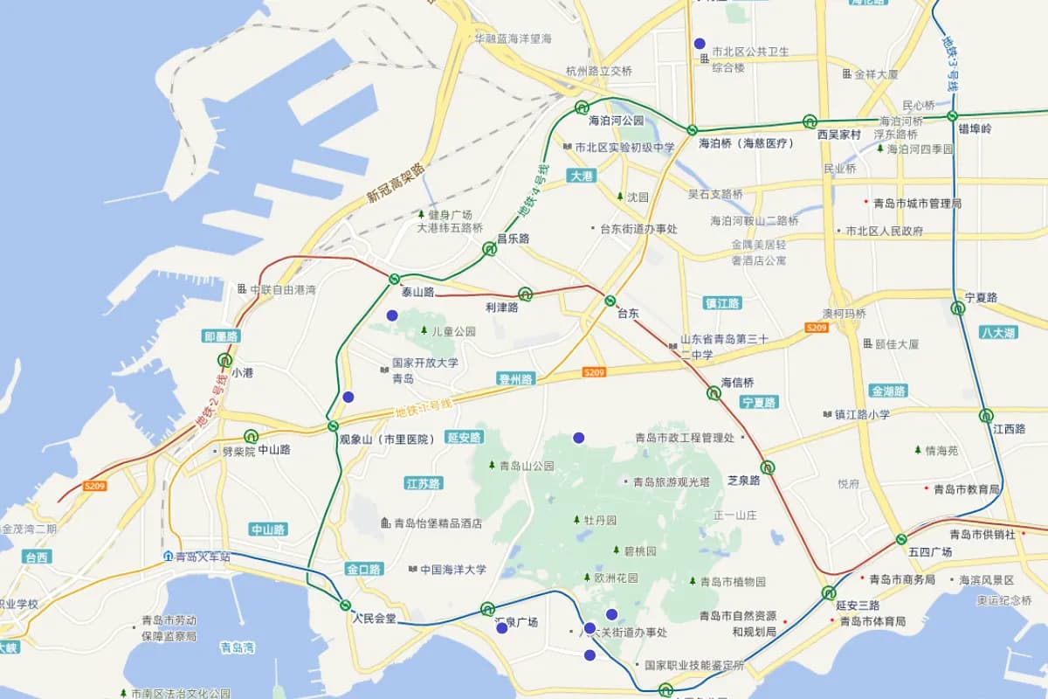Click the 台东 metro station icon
pyautogui.click(x=610, y=301)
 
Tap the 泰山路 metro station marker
pyautogui.click(x=394, y=280)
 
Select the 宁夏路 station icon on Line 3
pyautogui.click(x=958, y=308)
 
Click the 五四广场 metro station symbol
pyautogui.click(x=900, y=539)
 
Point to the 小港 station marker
pyautogui.click(x=225, y=359)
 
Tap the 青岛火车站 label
pyautogui.click(x=202, y=557)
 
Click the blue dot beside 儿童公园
pyautogui.click(x=392, y=315)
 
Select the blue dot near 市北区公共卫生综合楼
pyautogui.click(x=699, y=43)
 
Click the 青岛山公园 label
pyautogui.click(x=527, y=467)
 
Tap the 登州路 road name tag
pyautogui.click(x=514, y=379)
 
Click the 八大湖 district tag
pyautogui.click(x=997, y=333)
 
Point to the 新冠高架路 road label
pyautogui.click(x=395, y=183)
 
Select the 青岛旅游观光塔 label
pyautogui.click(x=672, y=481)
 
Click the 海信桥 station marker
pyautogui.click(x=714, y=393)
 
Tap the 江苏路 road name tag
pyautogui.click(x=424, y=483)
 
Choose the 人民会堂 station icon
pyautogui.click(x=345, y=605)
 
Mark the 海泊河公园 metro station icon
pyautogui.click(x=582, y=107)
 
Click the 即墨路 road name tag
pyautogui.click(x=222, y=336)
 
